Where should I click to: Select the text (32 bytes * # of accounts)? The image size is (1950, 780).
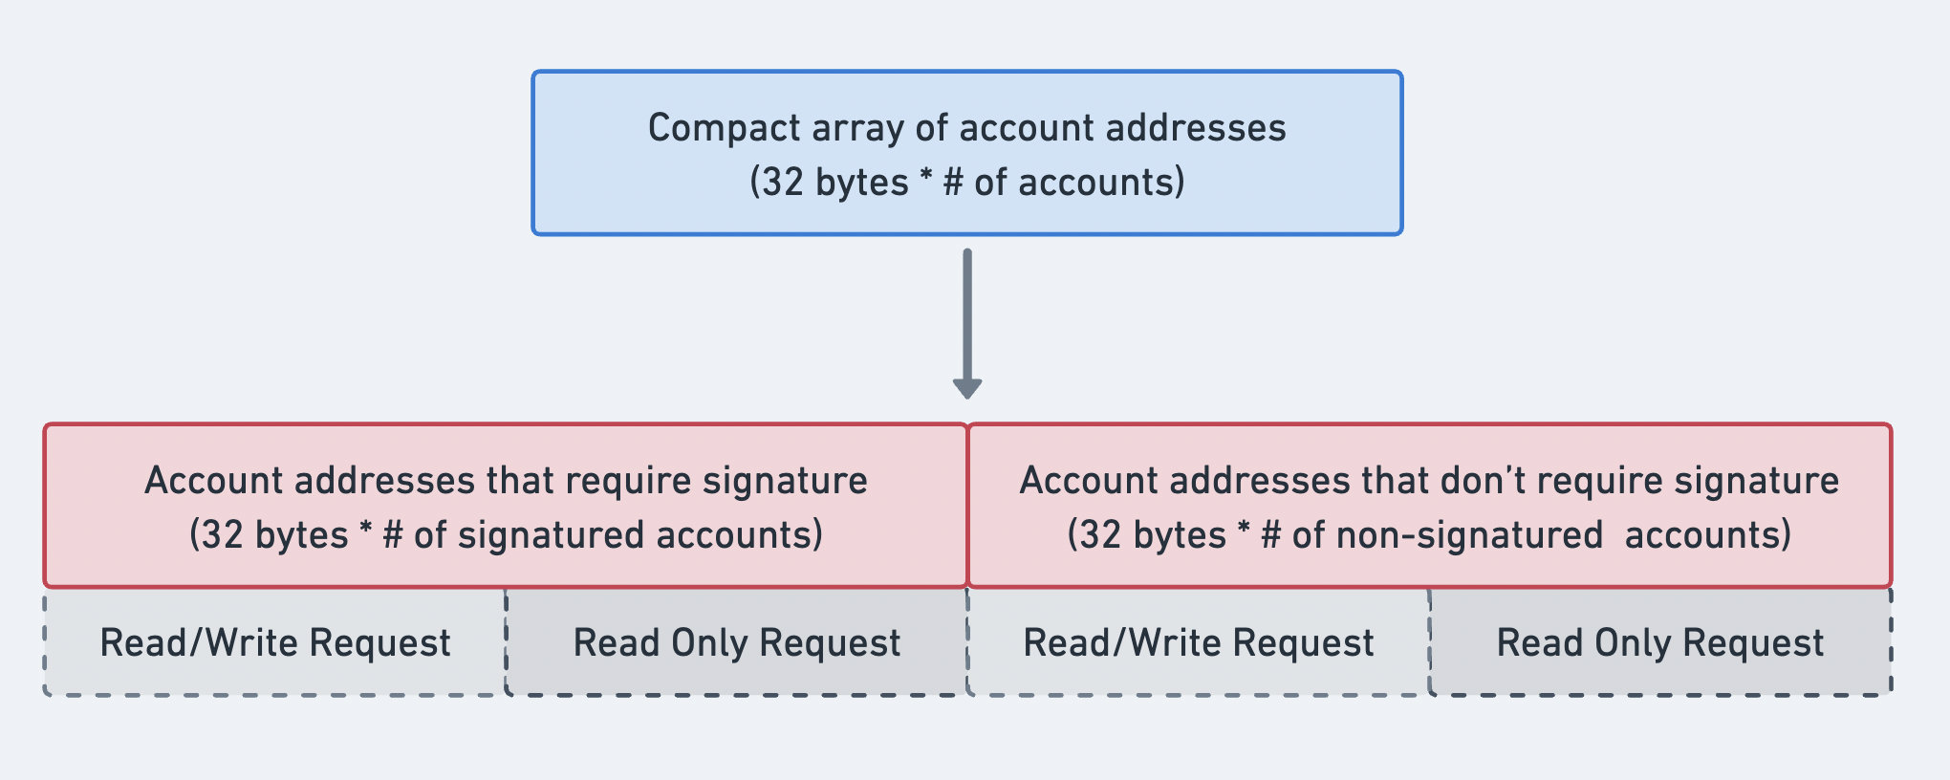[x=966, y=182]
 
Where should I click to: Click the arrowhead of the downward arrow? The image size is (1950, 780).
[x=967, y=387]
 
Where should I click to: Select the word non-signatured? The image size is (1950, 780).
[x=1468, y=535]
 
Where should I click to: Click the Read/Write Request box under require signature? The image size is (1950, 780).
[x=274, y=642]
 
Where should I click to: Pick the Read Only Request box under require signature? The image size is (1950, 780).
[x=736, y=642]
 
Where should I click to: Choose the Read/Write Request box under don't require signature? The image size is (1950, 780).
[x=1198, y=642]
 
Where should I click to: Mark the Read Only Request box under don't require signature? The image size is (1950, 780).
[x=1659, y=642]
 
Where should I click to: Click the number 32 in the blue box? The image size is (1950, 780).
[x=784, y=182]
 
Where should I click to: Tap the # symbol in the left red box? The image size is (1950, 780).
[x=392, y=535]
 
